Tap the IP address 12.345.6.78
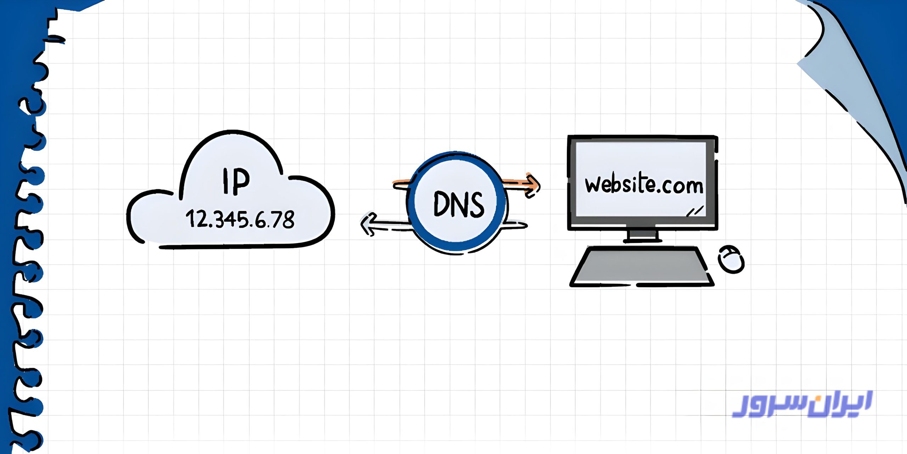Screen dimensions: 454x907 (240, 219)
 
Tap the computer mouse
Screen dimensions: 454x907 (731, 259)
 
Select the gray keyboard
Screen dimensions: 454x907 (641, 266)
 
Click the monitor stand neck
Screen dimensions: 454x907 (642, 234)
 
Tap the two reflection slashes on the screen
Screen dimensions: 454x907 (695, 212)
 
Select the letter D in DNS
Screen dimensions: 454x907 (441, 204)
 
